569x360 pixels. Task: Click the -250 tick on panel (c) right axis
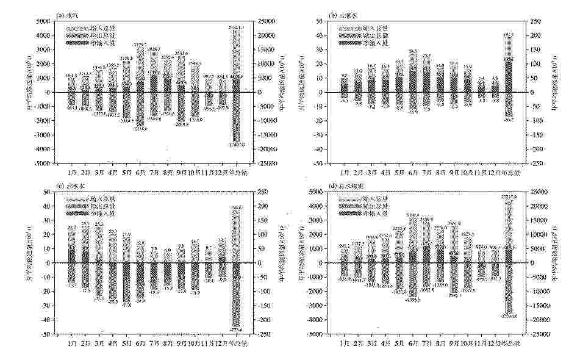pyautogui.click(x=268, y=334)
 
